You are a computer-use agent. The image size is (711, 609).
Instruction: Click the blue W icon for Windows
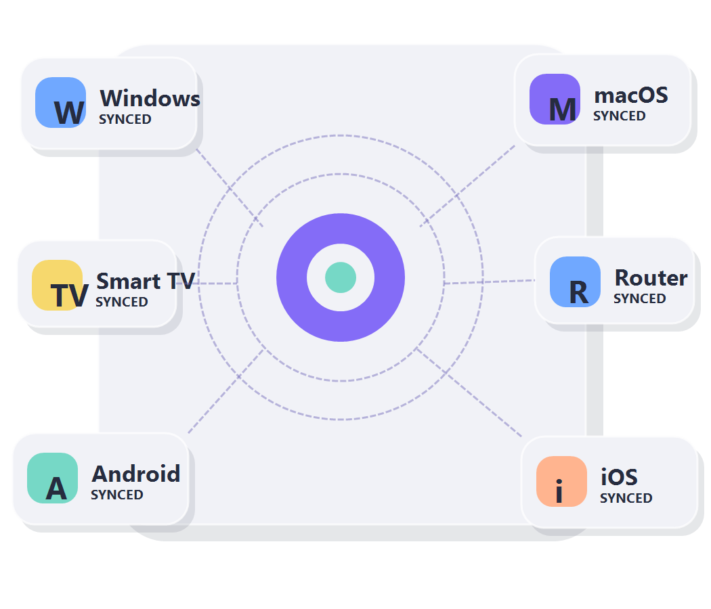coord(61,102)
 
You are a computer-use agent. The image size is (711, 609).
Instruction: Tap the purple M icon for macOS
coord(555,99)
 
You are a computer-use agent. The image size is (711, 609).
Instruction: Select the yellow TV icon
coord(58,285)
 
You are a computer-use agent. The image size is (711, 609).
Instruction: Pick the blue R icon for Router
coord(575,282)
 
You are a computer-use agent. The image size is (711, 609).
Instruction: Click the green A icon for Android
coord(53,478)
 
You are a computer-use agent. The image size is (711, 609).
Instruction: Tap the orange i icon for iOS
coord(562,481)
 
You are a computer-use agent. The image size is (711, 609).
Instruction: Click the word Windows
coord(150,98)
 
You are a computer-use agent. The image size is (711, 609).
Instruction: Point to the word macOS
coord(630,95)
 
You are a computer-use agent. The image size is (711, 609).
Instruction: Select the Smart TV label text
coord(146,281)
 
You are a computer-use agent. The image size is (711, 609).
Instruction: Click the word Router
coord(651,277)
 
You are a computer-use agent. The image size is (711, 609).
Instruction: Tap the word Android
coord(136,474)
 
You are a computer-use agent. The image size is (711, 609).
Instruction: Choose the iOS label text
coord(619,477)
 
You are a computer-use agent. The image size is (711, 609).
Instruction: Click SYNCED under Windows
coord(125,119)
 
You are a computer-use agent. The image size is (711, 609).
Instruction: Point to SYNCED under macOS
coord(620,116)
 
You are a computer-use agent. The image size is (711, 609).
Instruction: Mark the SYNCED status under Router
coord(640,298)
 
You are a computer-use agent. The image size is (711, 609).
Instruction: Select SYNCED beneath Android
coord(117,495)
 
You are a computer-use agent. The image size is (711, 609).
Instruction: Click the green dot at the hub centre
coord(341,277)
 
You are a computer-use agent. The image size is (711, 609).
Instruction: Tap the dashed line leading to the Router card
coord(490,282)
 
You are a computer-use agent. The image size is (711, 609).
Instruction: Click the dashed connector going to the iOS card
coord(469,392)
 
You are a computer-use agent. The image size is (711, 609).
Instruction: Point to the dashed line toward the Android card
coord(225,391)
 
